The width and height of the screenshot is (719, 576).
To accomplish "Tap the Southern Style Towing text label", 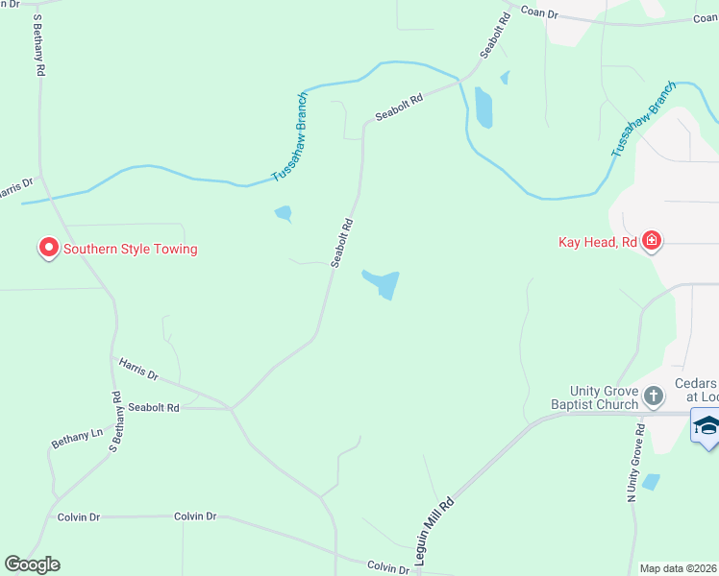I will tap(130, 249).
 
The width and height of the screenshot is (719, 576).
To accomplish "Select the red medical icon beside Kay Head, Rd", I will tap(652, 241).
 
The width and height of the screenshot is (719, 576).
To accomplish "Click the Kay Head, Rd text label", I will tap(598, 242).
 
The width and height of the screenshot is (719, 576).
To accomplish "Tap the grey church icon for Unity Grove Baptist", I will tap(654, 396).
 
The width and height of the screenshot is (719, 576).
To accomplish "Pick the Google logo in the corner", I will tap(32, 564).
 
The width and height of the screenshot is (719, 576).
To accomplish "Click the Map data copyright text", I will tap(679, 568).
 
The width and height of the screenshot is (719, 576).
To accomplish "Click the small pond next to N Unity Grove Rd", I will tap(651, 482).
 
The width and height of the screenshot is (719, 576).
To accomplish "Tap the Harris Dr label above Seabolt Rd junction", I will tap(137, 368).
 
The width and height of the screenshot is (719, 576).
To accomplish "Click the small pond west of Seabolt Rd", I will tap(284, 214).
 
